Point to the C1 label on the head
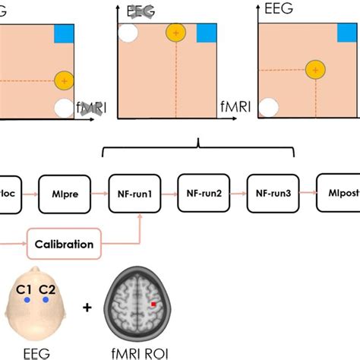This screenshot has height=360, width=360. (25, 289)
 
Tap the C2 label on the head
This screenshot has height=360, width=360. (48, 289)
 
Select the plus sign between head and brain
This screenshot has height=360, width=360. (88, 308)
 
